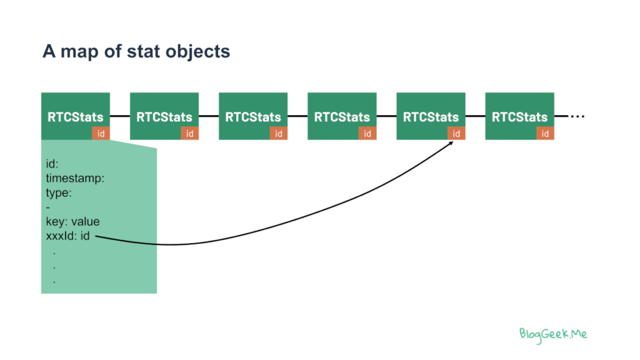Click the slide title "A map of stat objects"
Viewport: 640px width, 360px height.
tap(136, 52)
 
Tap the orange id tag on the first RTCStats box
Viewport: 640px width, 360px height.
tap(101, 134)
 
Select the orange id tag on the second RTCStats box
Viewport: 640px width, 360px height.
tap(190, 134)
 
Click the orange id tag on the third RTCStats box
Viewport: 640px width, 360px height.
tap(279, 134)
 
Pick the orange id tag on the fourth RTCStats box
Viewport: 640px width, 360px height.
tap(367, 134)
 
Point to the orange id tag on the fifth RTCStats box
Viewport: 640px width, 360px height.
tap(456, 134)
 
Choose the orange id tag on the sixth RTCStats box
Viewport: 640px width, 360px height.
tap(545, 134)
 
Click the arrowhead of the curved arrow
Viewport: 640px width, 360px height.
tap(451, 143)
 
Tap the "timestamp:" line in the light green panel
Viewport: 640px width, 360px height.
tap(75, 178)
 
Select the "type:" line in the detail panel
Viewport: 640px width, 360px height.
tap(59, 192)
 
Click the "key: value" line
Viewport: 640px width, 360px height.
tap(72, 222)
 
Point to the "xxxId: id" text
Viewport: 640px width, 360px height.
tap(67, 236)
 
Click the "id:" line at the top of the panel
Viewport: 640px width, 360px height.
tap(52, 164)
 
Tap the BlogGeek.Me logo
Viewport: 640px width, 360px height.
tap(553, 335)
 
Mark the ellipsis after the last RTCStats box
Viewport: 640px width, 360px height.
tap(577, 116)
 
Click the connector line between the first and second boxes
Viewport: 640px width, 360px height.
tap(120, 116)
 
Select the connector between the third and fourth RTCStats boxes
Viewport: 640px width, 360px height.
tap(297, 116)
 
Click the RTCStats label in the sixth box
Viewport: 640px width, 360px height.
tap(519, 117)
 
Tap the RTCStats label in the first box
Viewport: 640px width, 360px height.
tap(76, 117)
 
